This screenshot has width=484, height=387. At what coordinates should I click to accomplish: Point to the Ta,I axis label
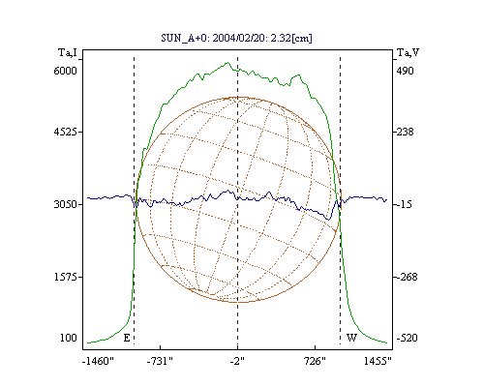pyautogui.click(x=68, y=52)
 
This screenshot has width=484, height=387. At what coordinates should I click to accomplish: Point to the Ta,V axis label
pyautogui.click(x=408, y=52)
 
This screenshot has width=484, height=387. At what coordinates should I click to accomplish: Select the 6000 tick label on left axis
pyautogui.click(x=65, y=71)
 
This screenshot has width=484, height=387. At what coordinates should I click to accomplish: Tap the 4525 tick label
pyautogui.click(x=65, y=132)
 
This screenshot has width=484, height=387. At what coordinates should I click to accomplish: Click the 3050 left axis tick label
pyautogui.click(x=65, y=204)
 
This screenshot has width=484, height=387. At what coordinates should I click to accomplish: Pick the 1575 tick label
pyautogui.click(x=66, y=277)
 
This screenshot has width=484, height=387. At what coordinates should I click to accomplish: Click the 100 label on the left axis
pyautogui.click(x=69, y=338)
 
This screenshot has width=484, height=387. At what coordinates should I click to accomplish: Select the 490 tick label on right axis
pyautogui.click(x=405, y=71)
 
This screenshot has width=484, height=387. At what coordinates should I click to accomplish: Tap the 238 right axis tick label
pyautogui.click(x=405, y=132)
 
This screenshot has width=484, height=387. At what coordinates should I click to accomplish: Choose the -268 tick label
pyautogui.click(x=408, y=277)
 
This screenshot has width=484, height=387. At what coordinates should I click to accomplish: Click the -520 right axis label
pyautogui.click(x=408, y=338)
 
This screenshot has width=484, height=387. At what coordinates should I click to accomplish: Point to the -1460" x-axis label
pyautogui.click(x=98, y=361)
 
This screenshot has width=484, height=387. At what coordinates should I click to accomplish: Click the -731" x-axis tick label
pyautogui.click(x=160, y=361)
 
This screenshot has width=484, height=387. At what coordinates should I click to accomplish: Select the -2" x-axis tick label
pyautogui.click(x=237, y=361)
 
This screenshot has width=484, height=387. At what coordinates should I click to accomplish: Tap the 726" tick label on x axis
pyautogui.click(x=316, y=361)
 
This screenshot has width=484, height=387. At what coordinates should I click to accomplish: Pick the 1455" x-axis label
pyautogui.click(x=378, y=361)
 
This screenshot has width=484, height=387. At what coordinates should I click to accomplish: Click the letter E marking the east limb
pyautogui.click(x=127, y=338)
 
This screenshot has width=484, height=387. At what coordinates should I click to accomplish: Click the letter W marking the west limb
pyautogui.click(x=351, y=338)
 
